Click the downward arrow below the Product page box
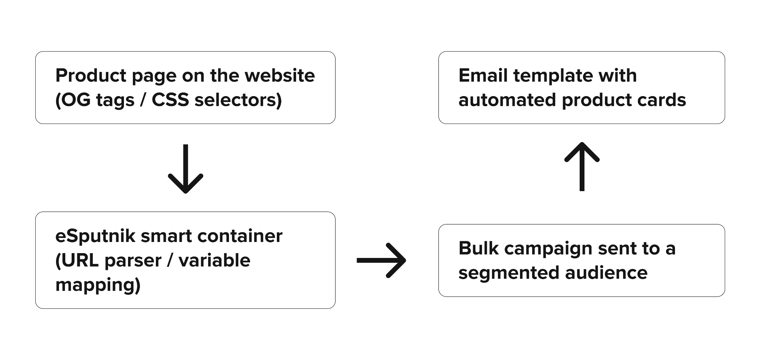[x=186, y=169]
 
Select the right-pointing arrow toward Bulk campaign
[x=381, y=261]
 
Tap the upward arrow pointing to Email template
[x=582, y=167]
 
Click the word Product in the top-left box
[x=91, y=76]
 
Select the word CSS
[x=170, y=100]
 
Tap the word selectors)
[x=238, y=100]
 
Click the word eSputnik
[x=95, y=236]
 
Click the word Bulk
[x=478, y=248]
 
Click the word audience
[x=606, y=273]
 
